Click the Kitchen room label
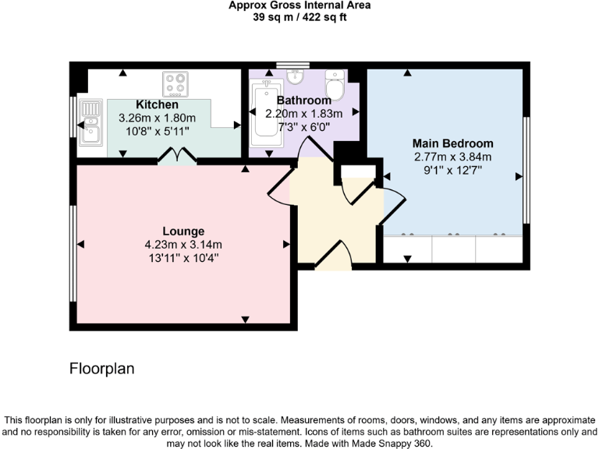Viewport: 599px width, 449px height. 157,104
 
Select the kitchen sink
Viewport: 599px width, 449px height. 90,123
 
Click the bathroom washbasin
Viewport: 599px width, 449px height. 295,76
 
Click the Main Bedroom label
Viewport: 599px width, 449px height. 453,143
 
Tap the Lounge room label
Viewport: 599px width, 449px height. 183,231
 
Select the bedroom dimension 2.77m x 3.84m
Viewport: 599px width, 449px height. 453,157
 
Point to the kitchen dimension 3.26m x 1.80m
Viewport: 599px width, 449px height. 157,118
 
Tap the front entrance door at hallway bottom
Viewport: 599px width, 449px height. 333,256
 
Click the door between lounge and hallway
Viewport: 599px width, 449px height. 279,186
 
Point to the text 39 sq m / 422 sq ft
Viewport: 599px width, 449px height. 299,17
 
